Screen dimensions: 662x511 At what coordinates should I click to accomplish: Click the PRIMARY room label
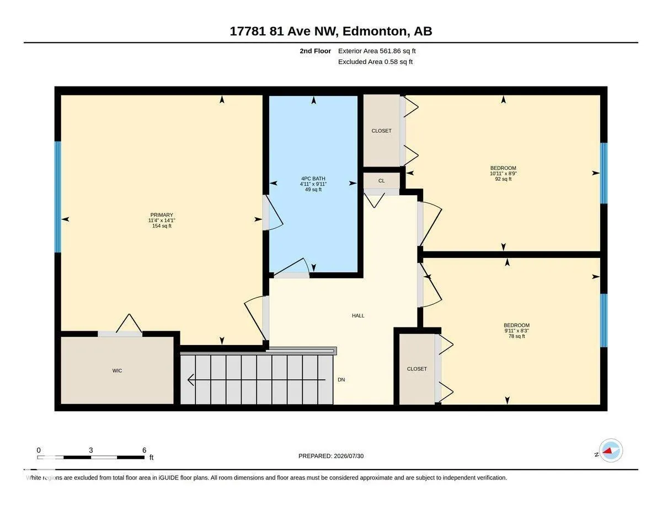tap(162, 215)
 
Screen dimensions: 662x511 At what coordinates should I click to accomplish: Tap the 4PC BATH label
tap(313, 179)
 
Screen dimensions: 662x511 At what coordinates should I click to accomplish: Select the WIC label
tap(118, 370)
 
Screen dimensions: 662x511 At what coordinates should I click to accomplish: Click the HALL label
tap(358, 316)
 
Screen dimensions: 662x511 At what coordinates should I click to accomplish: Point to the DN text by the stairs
tap(341, 380)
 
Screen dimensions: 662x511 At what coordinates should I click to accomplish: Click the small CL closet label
tap(381, 181)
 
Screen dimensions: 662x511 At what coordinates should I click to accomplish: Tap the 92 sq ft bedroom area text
tap(503, 179)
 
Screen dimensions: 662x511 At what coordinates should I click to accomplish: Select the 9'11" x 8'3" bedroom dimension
tap(517, 331)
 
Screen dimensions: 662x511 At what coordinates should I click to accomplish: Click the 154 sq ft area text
tap(162, 226)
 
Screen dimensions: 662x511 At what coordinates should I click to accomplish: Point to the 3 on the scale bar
tap(91, 450)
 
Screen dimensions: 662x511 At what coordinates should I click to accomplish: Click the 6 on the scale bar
tap(144, 450)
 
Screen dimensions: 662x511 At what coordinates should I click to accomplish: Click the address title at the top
tap(331, 31)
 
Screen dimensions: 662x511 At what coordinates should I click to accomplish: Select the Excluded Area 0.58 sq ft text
tap(375, 62)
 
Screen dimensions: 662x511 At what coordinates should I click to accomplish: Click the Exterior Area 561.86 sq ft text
tap(377, 51)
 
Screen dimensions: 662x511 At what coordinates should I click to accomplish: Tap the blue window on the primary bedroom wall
tap(57, 197)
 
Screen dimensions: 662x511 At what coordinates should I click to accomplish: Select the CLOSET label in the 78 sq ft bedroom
tap(417, 369)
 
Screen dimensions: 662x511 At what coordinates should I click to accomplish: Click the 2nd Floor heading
tap(316, 51)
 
